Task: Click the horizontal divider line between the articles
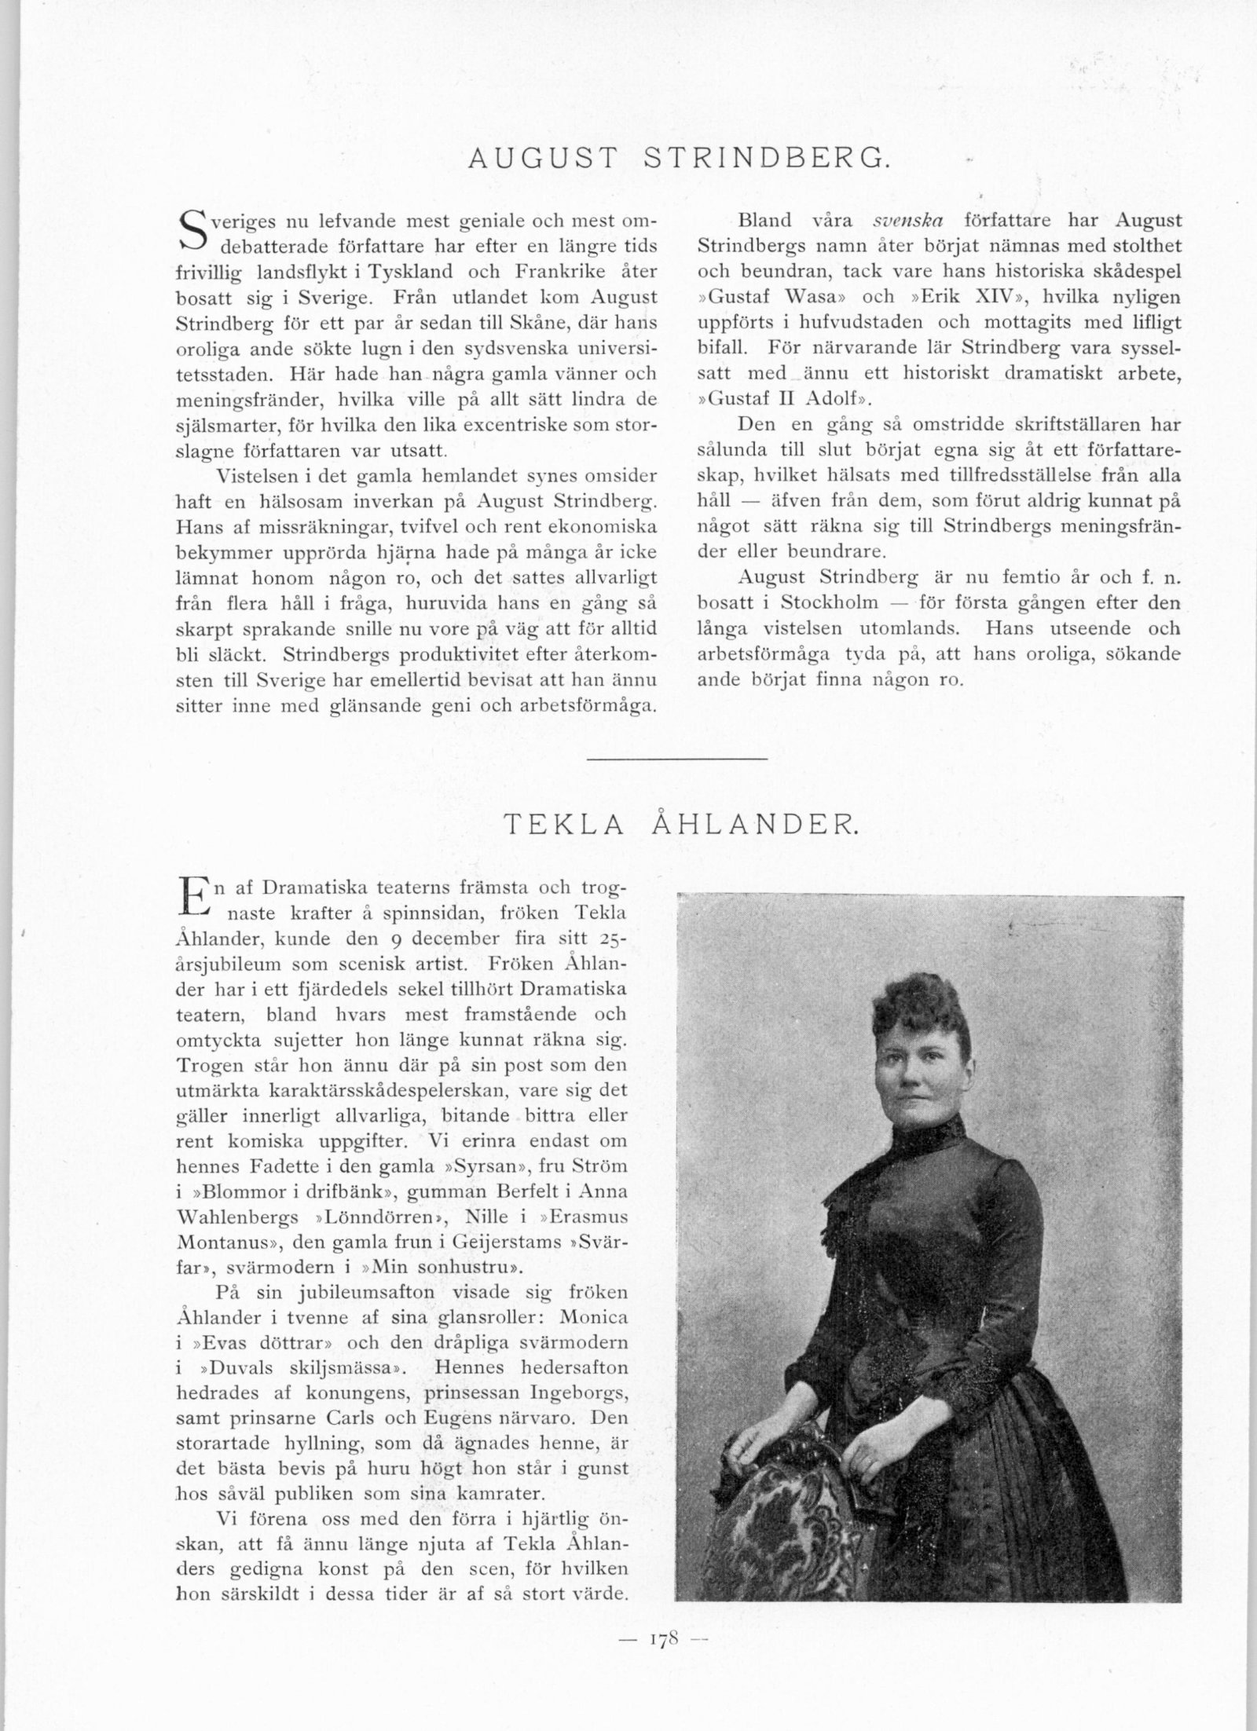click(x=676, y=759)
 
